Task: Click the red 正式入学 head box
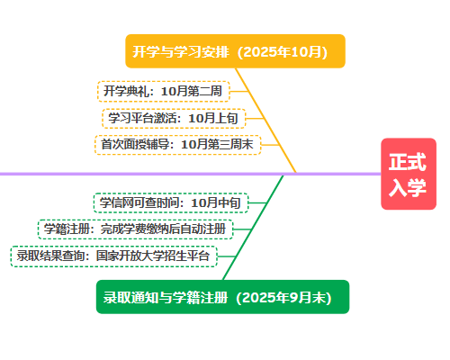409,174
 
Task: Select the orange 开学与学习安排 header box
235,51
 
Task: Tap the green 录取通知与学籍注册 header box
222,297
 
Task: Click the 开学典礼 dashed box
164,91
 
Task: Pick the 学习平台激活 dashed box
174,118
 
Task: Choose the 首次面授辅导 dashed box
178,145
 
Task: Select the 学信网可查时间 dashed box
171,203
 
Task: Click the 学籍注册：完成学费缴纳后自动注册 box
135,229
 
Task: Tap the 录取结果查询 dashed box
113,256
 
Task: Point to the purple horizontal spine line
191,174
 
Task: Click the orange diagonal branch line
265,121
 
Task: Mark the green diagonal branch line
253,228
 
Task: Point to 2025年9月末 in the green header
283,298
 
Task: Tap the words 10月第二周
192,91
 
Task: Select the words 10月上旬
213,118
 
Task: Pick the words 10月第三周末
217,145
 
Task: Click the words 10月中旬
216,203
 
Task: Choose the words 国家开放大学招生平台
153,256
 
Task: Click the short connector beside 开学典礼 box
239,91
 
